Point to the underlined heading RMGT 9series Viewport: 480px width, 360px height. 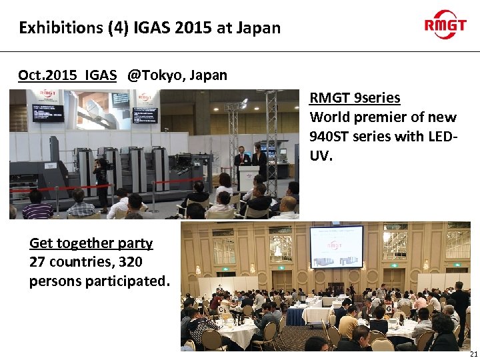pos(355,98)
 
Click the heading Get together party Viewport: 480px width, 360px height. pos(91,243)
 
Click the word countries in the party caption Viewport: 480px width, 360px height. pos(74,262)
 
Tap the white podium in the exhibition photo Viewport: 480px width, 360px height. pos(249,179)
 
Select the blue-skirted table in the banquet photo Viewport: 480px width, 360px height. pos(313,313)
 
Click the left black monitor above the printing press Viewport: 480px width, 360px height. pos(48,113)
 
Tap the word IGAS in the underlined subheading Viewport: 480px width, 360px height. pos(101,75)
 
